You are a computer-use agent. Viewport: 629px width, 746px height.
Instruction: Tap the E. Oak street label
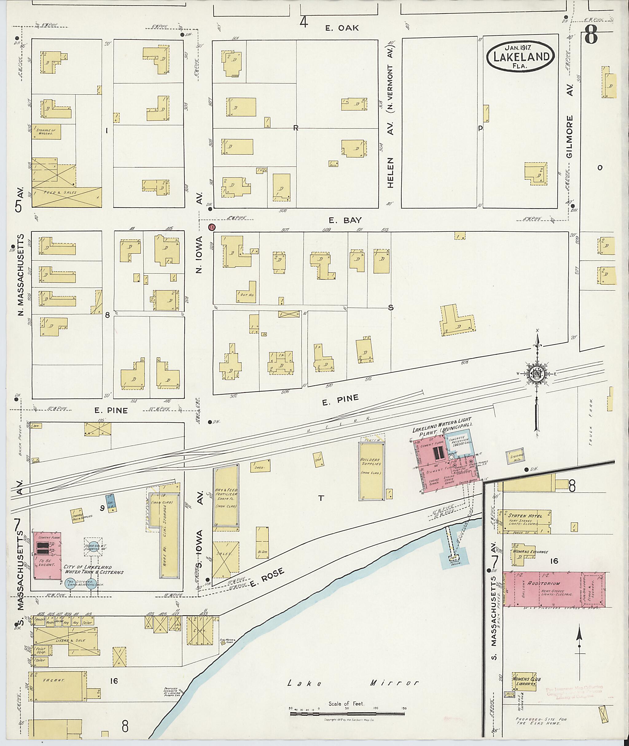pyautogui.click(x=342, y=28)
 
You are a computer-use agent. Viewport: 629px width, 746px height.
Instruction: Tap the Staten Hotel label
pyautogui.click(x=525, y=516)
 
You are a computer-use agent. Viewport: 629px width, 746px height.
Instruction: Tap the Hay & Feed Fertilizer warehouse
pyautogui.click(x=226, y=497)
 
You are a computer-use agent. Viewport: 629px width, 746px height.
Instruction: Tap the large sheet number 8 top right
pyautogui.click(x=591, y=37)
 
